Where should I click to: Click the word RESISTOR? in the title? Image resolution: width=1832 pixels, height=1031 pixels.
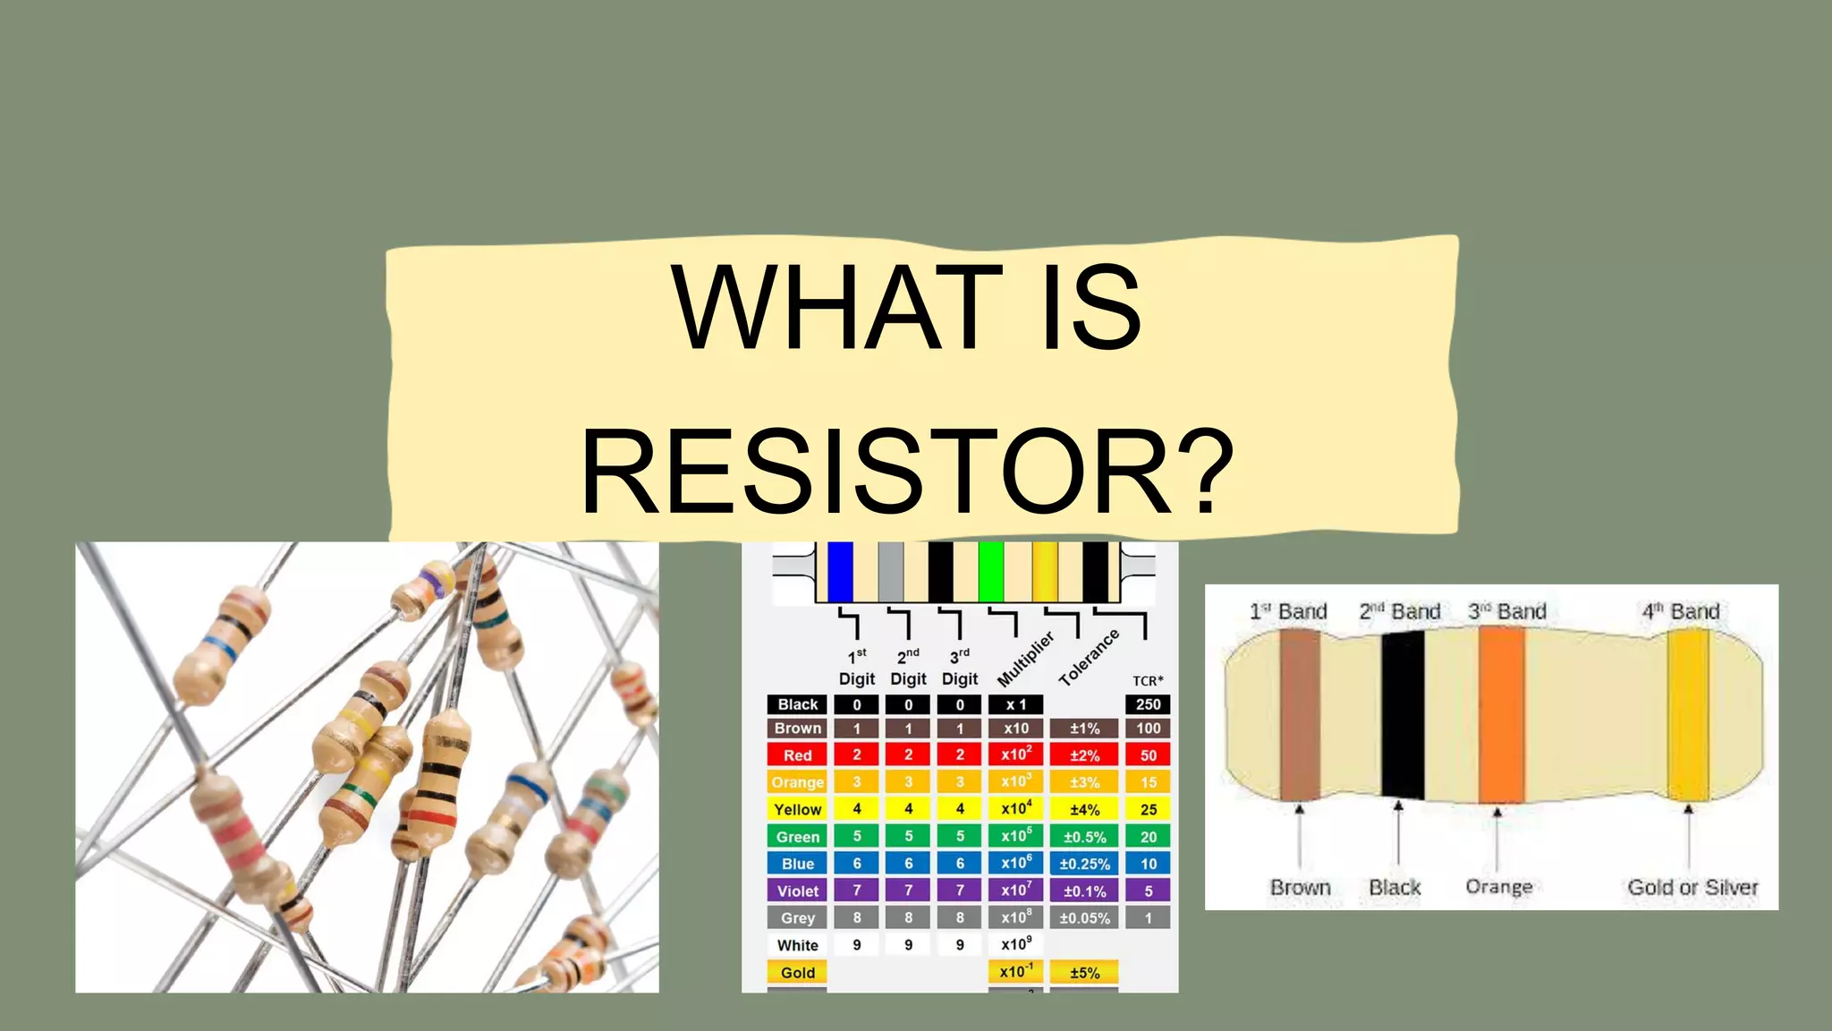tap(907, 472)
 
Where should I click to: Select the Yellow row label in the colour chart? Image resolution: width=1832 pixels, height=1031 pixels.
tap(797, 810)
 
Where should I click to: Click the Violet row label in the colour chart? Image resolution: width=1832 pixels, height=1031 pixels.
tap(797, 891)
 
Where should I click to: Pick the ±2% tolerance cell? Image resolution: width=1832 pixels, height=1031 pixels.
tap(1084, 755)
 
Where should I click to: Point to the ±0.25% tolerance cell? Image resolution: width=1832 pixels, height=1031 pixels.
tap(1084, 865)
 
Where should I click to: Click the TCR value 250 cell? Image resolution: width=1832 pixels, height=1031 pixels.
tap(1148, 705)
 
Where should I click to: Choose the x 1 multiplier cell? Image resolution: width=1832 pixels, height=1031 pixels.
tap(1015, 705)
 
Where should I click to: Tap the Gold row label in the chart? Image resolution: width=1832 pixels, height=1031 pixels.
tap(797, 973)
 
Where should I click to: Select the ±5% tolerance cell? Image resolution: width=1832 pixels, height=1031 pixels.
tap(1084, 973)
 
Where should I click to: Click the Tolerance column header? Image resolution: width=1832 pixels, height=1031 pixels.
tap(1089, 658)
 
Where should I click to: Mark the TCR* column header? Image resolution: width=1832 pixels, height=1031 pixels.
tap(1148, 681)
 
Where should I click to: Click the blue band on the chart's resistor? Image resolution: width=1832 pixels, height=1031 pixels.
tap(840, 571)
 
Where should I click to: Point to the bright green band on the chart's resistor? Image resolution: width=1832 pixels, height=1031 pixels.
tap(990, 571)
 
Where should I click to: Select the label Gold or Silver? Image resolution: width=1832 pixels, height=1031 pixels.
tap(1692, 888)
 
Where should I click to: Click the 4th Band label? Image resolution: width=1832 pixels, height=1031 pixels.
tap(1681, 612)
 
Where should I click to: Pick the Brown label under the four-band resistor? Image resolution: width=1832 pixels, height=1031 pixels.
tap(1300, 888)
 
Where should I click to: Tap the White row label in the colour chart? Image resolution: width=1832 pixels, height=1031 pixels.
tap(797, 946)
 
